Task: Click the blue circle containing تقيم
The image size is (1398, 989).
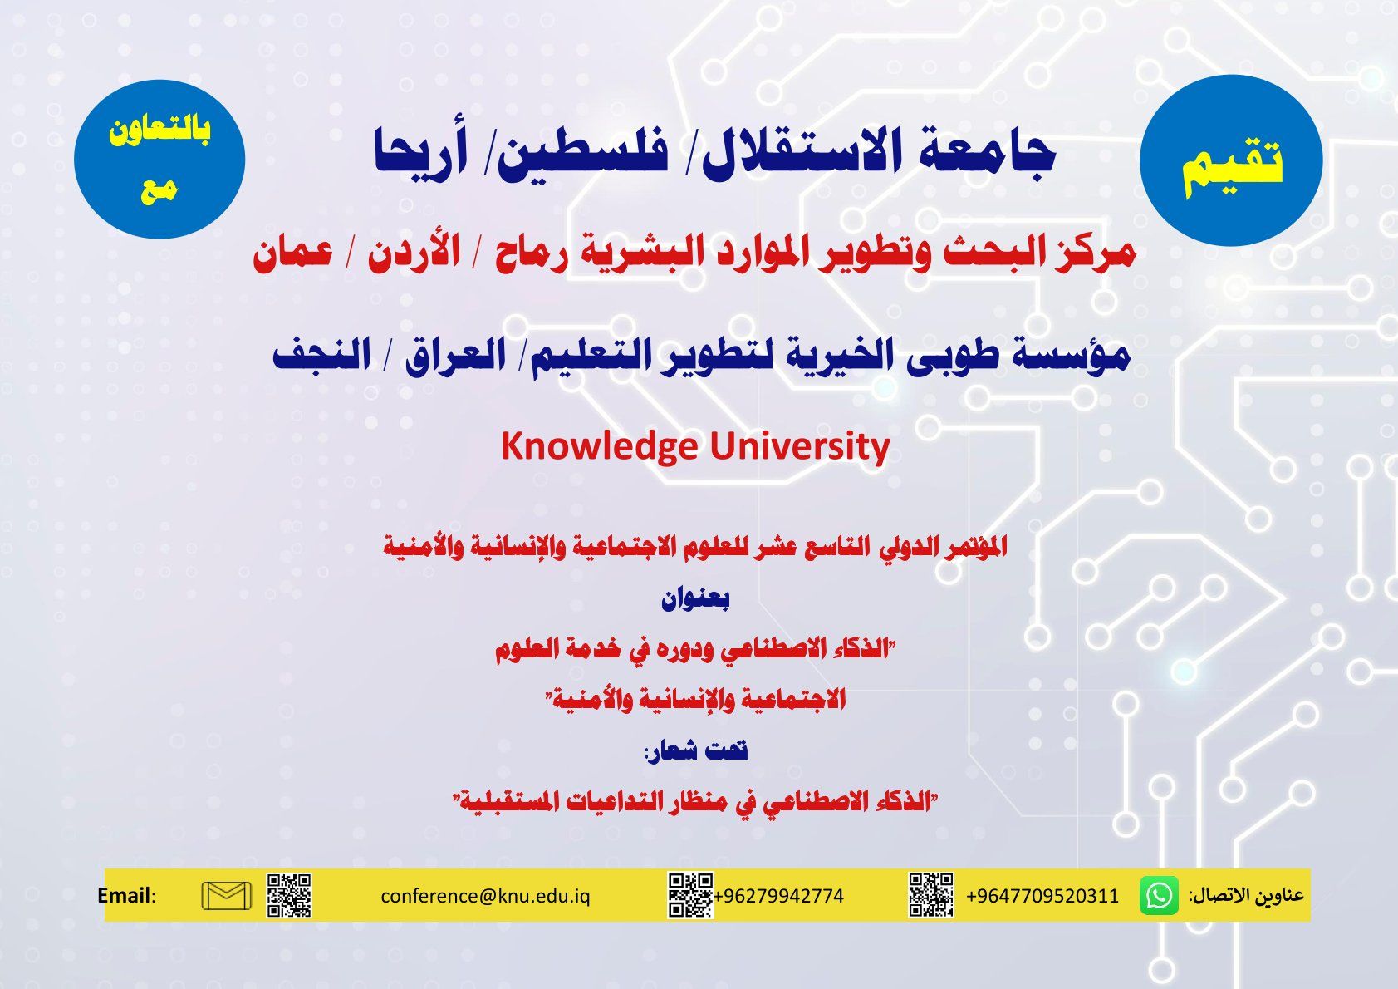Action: [1231, 161]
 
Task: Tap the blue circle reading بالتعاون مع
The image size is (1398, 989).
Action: [159, 159]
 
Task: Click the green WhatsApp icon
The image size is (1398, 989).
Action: [1159, 895]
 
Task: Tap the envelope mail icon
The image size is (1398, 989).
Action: [227, 895]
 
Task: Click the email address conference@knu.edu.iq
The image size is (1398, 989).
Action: [485, 896]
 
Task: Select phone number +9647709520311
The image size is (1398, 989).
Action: [1042, 896]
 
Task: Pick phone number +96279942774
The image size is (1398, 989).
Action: [778, 896]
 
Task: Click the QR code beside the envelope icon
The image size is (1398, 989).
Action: [289, 895]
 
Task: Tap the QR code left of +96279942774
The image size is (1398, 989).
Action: [691, 895]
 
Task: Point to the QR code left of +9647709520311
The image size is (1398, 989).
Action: [930, 895]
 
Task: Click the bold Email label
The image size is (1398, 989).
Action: [125, 895]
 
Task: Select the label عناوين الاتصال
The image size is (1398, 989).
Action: [1246, 895]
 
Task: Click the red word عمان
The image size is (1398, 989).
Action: [293, 255]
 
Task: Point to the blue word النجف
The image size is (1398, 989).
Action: [322, 356]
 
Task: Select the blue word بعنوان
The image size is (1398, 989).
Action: [695, 599]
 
